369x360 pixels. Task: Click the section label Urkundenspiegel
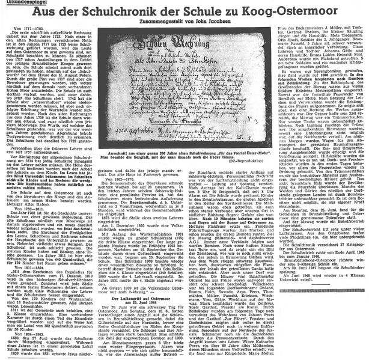19,4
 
